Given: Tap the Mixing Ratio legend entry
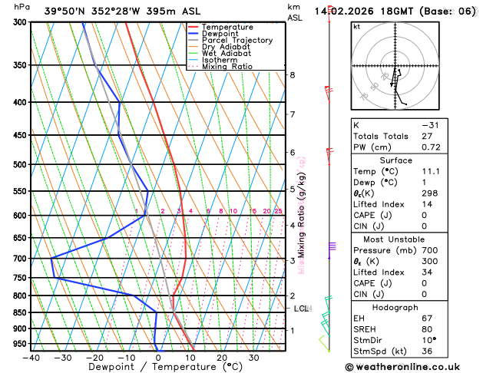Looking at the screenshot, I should coord(227,67).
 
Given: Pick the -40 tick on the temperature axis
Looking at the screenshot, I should coord(31,358).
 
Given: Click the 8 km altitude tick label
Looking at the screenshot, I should coord(293,74).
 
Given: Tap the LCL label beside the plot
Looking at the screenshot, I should coord(302,309).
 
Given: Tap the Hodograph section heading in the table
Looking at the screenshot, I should coord(395,306).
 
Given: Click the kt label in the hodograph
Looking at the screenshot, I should coord(356,26).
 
